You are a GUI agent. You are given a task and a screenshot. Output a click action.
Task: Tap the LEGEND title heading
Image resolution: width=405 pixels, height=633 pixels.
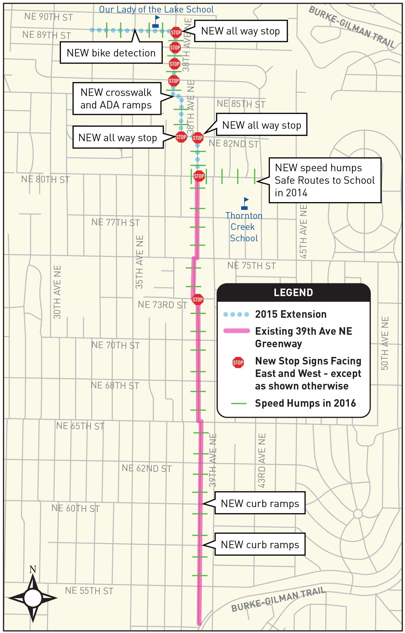click(293, 292)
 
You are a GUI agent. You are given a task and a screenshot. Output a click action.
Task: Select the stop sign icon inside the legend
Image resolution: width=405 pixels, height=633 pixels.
click(238, 363)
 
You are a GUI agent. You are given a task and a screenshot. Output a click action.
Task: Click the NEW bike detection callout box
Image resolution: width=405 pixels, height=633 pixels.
click(111, 53)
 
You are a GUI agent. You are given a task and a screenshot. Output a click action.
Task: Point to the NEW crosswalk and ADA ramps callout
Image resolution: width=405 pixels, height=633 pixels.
click(116, 99)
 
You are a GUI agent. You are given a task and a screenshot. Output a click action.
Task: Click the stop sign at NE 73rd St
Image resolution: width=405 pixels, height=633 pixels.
click(197, 299)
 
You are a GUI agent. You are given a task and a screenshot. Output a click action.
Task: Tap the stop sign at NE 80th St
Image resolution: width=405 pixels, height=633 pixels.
click(199, 176)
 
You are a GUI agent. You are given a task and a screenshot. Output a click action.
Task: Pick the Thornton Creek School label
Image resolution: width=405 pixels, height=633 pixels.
click(244, 227)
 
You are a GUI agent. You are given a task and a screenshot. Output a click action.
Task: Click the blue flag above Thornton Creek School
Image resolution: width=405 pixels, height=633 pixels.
click(245, 203)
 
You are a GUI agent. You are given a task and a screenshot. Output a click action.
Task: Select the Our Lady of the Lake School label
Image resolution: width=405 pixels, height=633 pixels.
click(156, 9)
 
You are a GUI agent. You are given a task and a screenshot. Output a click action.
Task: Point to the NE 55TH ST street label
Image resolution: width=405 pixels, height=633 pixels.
click(89, 591)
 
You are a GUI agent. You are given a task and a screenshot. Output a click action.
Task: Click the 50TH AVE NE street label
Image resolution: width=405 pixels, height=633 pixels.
click(384, 343)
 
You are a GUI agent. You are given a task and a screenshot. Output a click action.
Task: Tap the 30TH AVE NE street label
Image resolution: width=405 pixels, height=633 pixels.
click(57, 292)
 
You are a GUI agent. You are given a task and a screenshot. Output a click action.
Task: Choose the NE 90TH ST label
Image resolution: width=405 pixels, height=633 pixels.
click(48, 17)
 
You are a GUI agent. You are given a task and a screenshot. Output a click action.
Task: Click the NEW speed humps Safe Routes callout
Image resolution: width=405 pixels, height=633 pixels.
click(325, 180)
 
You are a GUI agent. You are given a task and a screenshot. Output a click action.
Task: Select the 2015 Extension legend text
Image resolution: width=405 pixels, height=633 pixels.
click(291, 314)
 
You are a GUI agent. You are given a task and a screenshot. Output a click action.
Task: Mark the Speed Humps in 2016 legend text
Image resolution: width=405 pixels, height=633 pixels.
click(305, 403)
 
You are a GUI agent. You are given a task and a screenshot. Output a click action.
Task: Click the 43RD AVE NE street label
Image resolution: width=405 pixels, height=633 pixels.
click(262, 460)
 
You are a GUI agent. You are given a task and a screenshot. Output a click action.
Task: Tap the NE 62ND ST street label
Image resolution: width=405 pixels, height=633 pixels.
click(147, 468)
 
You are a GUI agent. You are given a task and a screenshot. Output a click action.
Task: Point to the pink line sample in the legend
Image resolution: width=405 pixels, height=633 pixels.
click(236, 331)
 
